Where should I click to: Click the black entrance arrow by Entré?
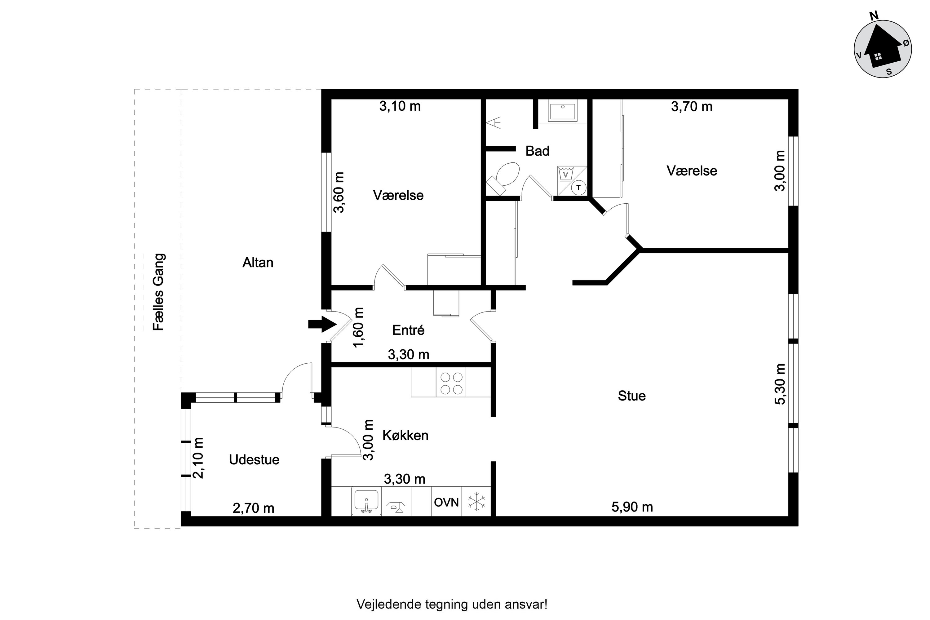(x=322, y=324)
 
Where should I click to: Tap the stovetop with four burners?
(x=451, y=382)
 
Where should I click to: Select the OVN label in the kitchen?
(x=446, y=502)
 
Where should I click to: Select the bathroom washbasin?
(x=562, y=110)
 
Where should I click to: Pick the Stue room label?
(x=632, y=396)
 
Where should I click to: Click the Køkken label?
(x=405, y=435)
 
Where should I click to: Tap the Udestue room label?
(x=254, y=459)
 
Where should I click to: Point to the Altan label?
(x=258, y=263)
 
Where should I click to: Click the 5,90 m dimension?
(x=632, y=507)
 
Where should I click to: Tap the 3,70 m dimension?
(x=692, y=106)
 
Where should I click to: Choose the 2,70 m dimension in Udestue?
(x=254, y=508)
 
